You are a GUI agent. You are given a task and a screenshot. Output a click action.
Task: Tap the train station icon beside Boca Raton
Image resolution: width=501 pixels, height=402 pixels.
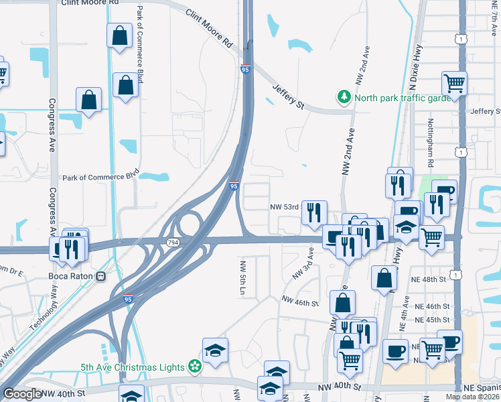tap(101, 275)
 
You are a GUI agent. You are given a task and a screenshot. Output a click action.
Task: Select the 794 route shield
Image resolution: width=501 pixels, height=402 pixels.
tap(173, 243)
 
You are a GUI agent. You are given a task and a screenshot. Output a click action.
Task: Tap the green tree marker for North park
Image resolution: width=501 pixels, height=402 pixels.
tap(344, 97)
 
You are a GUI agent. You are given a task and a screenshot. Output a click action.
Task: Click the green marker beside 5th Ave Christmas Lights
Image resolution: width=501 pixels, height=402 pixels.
tap(194, 366)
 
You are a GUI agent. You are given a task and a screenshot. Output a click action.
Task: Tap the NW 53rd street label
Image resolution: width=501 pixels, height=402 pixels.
tap(284, 207)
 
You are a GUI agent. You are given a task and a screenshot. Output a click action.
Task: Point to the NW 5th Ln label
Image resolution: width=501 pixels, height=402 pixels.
tap(242, 278)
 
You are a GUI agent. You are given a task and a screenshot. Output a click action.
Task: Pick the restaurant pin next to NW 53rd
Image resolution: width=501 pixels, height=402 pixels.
tap(314, 212)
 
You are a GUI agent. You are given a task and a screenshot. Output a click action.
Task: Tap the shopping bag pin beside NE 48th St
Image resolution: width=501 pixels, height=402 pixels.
tap(384, 277)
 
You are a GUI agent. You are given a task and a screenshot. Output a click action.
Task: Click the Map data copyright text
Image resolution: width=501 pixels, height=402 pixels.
tap(472, 397)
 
